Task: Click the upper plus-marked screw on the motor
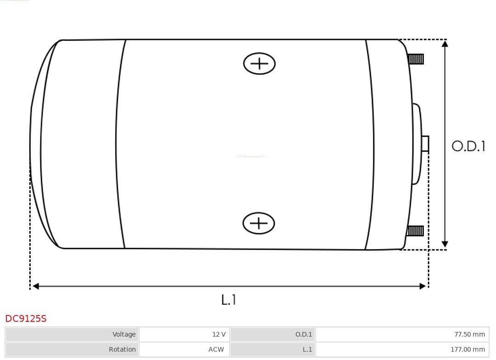click(x=259, y=63)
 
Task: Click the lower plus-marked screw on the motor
click(x=259, y=223)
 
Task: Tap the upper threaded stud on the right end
click(x=416, y=59)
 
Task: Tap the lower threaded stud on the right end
click(x=415, y=231)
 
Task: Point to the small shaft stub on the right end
click(x=425, y=144)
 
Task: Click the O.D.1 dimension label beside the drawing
click(x=468, y=146)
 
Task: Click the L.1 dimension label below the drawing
click(x=229, y=299)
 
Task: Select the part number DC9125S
click(x=26, y=319)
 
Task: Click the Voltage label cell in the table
click(x=72, y=334)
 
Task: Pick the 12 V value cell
click(x=185, y=334)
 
